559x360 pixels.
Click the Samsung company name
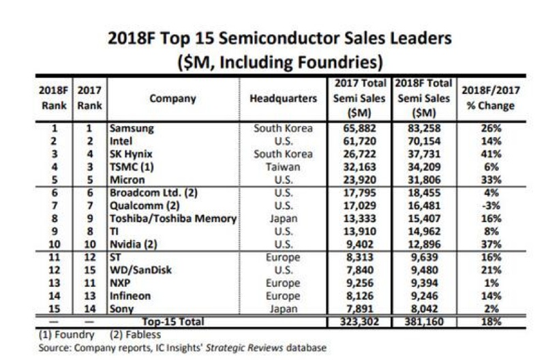click(132, 128)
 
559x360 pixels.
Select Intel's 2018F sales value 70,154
click(421, 141)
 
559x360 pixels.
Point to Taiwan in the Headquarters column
click(283, 167)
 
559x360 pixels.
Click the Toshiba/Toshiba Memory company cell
click(173, 219)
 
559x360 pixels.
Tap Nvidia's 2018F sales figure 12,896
click(421, 245)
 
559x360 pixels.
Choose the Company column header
click(172, 98)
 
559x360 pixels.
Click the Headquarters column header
click(283, 98)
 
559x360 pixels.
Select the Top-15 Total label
click(172, 320)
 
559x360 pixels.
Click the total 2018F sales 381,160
click(421, 320)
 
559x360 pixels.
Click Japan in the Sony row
click(283, 309)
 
